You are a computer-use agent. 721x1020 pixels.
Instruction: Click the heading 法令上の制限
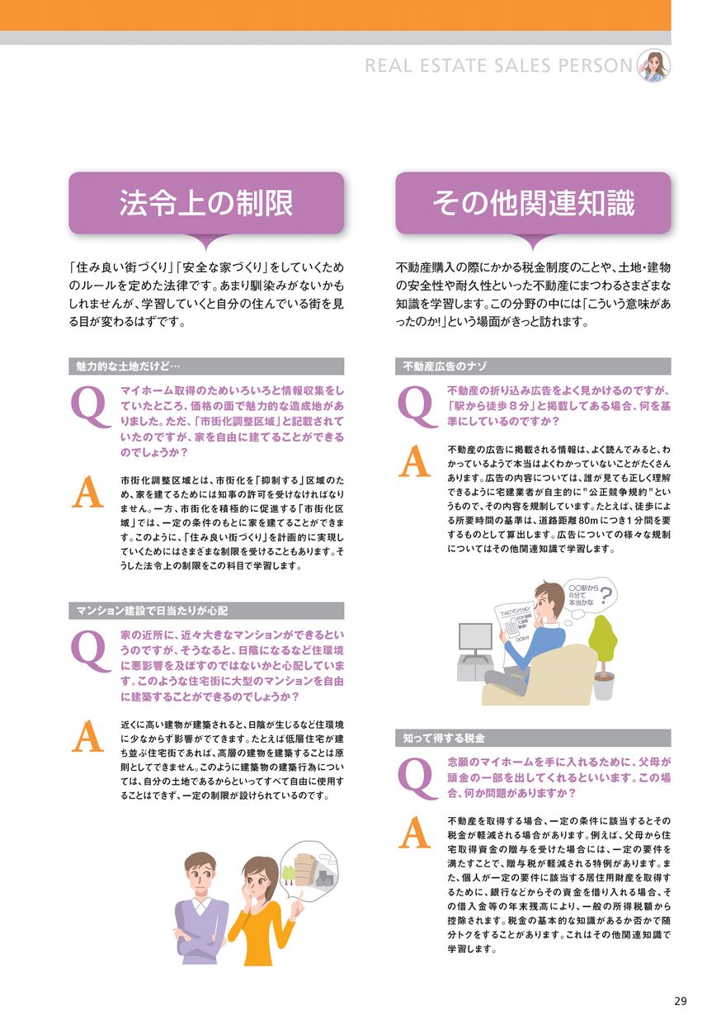(x=206, y=203)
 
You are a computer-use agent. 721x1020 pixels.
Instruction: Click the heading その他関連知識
(x=533, y=203)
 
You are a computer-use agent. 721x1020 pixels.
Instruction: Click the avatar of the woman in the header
(x=653, y=65)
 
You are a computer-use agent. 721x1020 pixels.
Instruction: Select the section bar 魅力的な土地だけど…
(x=206, y=366)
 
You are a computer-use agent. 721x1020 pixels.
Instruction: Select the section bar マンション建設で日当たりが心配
(x=206, y=611)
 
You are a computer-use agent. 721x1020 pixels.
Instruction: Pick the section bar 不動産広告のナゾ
(x=533, y=366)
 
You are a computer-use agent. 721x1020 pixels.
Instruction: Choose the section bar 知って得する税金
(x=533, y=738)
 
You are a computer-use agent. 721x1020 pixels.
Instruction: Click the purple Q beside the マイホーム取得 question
(x=90, y=408)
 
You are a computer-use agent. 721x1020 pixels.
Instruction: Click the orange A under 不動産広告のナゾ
(x=414, y=461)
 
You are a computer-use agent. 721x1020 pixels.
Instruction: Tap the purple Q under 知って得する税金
(x=417, y=780)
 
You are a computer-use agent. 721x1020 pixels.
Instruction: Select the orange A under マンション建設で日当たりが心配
(x=87, y=736)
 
